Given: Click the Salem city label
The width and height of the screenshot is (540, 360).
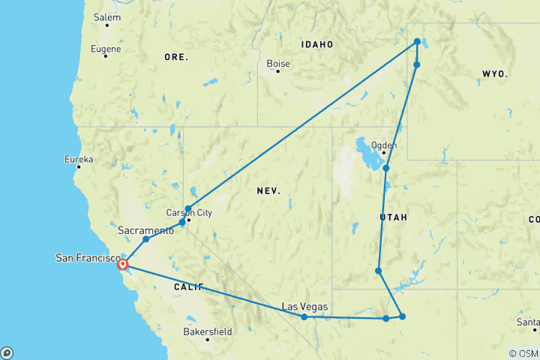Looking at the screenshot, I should (106, 16).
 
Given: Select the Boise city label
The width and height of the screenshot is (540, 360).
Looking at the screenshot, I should (278, 63).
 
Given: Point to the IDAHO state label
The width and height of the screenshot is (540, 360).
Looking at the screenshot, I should (316, 44).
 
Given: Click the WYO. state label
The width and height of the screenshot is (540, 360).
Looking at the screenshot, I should (496, 74).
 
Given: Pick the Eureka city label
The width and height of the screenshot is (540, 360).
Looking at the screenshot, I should (79, 159).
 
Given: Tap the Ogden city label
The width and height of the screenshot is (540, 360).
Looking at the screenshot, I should (385, 145).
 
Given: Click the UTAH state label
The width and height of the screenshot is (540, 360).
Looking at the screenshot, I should (394, 217).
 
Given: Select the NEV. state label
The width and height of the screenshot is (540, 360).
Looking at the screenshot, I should (268, 191).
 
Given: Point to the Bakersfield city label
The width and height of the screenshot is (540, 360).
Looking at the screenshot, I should (208, 331).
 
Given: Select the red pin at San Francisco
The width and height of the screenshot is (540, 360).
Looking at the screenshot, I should (122, 263).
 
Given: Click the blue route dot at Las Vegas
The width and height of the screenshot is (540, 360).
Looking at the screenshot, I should (304, 317).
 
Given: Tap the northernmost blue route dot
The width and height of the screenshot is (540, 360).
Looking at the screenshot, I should (417, 42).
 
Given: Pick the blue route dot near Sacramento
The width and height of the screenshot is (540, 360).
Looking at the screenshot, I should (146, 239).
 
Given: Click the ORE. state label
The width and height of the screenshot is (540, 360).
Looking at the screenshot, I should (176, 57).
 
